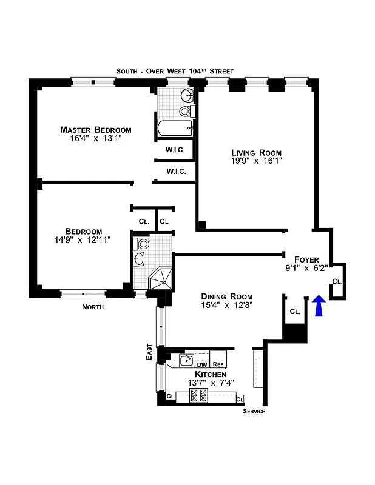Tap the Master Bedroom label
click(x=95, y=130)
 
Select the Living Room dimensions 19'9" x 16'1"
click(x=256, y=162)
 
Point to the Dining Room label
click(x=226, y=296)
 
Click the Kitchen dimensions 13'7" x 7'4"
click(x=210, y=383)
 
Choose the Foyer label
click(x=306, y=259)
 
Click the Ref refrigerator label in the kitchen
click(x=218, y=364)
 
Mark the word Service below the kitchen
click(x=254, y=412)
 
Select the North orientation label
click(x=93, y=307)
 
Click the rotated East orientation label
click(x=149, y=353)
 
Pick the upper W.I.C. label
click(x=175, y=150)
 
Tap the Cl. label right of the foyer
click(x=337, y=282)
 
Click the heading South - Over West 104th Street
click(x=175, y=71)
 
